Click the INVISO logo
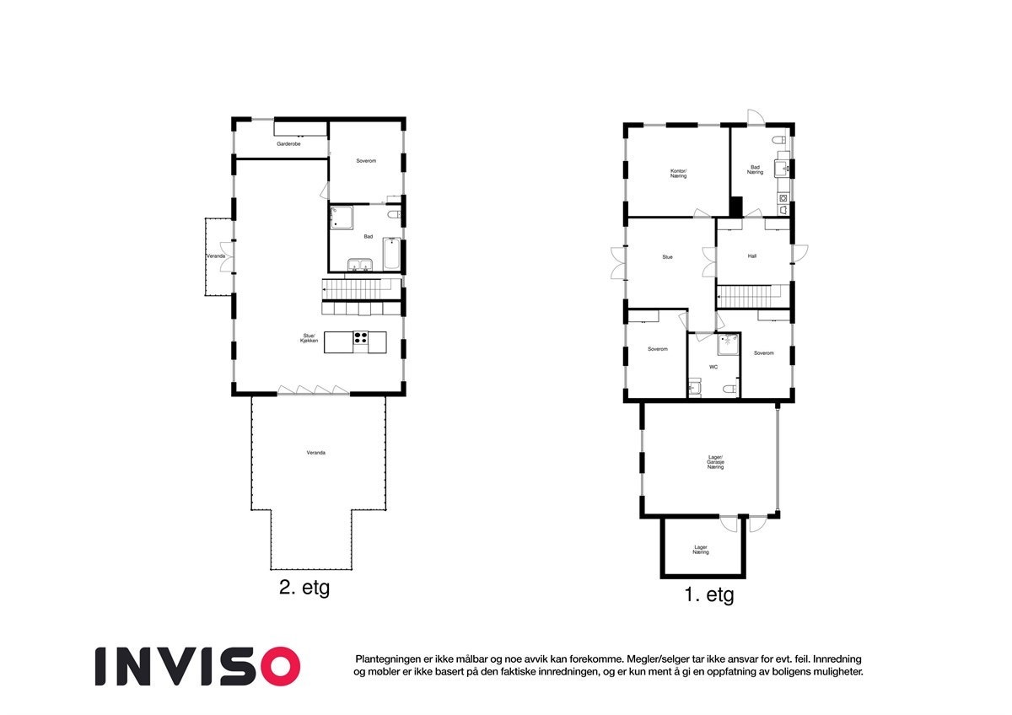tap(197, 666)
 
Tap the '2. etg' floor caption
tap(304, 588)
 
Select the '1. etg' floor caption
tap(709, 595)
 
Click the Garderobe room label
tap(288, 144)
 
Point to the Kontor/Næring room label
tap(678, 174)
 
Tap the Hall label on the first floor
tap(751, 256)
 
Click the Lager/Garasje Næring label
tap(716, 462)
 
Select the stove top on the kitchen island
tap(361, 338)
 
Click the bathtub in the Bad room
tap(391, 254)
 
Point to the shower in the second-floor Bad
tap(341, 218)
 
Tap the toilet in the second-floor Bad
tap(394, 214)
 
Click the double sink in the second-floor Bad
tap(359, 265)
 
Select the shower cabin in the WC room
tap(728, 345)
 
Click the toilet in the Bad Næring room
tap(779, 140)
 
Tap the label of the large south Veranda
tap(315, 453)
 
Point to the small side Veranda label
tap(216, 256)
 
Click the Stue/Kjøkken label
tap(309, 338)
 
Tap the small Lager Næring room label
tap(701, 550)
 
